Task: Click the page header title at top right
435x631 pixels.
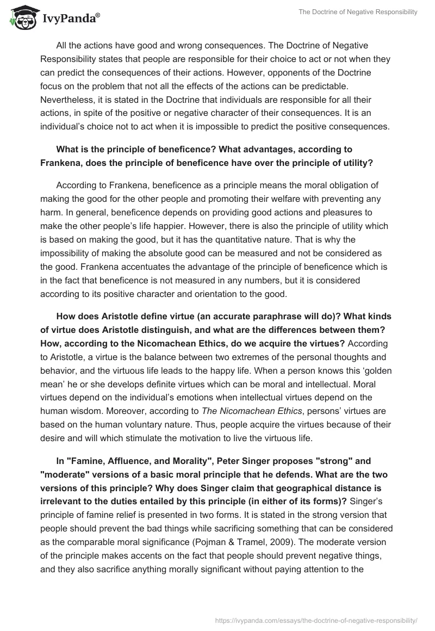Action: tap(358, 11)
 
